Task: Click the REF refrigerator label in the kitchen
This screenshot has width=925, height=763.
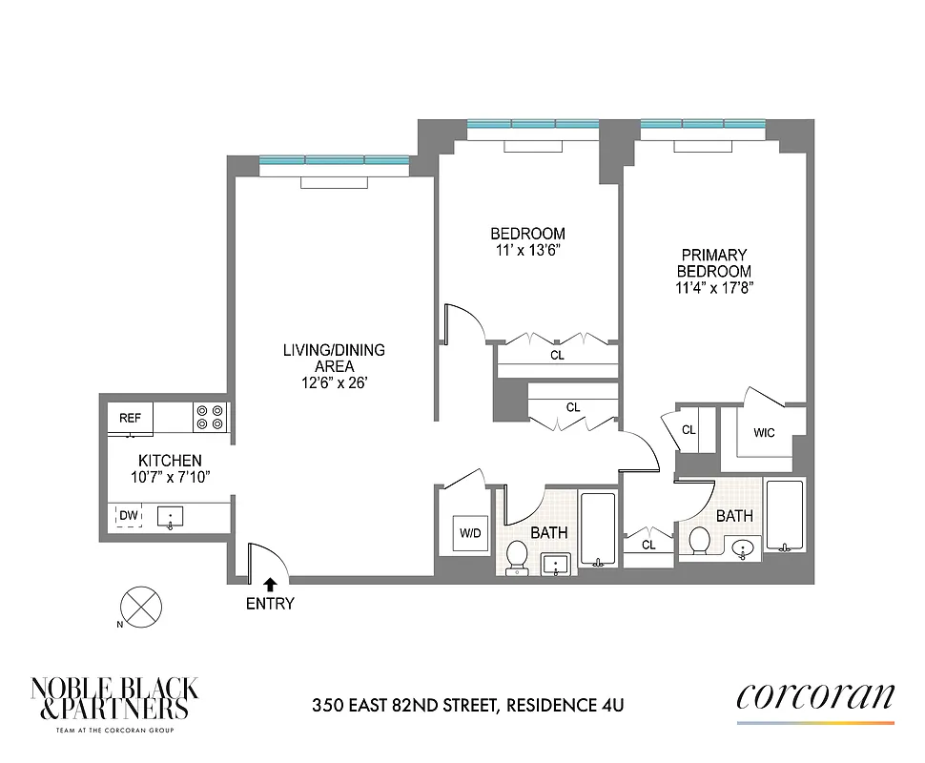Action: tap(129, 418)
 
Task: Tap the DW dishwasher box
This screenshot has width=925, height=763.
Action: tap(128, 516)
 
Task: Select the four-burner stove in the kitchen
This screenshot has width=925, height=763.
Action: tap(210, 417)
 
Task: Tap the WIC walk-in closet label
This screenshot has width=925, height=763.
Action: tap(764, 433)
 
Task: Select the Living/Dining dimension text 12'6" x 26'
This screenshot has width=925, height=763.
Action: tap(333, 382)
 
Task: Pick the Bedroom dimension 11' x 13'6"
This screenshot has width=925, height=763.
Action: tap(527, 250)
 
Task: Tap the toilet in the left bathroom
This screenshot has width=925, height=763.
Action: tap(518, 556)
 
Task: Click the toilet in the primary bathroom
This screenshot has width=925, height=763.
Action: tap(699, 541)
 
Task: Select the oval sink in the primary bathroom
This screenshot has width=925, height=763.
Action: tap(745, 547)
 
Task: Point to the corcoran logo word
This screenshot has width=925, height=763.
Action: tap(814, 696)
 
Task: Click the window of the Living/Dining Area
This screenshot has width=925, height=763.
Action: tap(333, 160)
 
